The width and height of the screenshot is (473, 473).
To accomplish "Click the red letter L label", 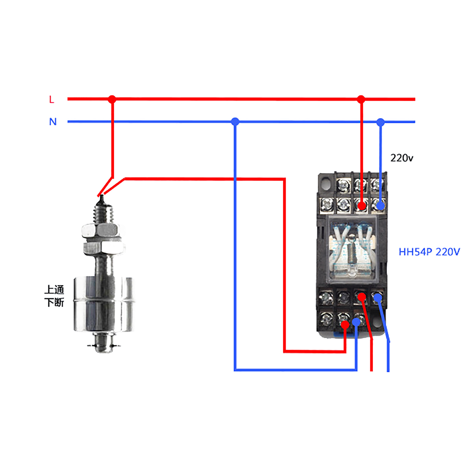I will pos(52,100).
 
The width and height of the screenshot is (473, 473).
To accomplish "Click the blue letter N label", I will pos(53,122).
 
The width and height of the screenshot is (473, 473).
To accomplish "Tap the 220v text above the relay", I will pos(401,158).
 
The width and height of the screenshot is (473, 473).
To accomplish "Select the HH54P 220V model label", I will pos(429,252).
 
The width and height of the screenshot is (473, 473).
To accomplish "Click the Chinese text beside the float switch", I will pos(54,296).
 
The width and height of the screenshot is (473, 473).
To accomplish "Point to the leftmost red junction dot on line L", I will pos(112,99).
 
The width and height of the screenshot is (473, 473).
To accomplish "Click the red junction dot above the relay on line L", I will pos(361,99).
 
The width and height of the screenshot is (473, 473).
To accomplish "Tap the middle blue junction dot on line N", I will pos(235,122).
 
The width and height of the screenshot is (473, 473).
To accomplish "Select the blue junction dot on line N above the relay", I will pos(380,122).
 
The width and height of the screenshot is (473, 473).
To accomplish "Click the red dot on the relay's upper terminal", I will pos(362,205).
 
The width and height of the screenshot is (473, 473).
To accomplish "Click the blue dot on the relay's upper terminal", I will pos(380,205).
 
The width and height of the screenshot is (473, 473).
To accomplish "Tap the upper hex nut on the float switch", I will pos(101,230).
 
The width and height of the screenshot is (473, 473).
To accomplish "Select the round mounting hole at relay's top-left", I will pos(326,183).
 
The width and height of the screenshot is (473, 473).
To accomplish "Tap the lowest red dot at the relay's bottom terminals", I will pos(345,325).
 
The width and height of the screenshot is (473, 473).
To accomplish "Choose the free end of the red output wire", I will pos(372,370).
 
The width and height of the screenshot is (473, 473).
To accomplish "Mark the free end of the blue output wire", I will pos(388,370).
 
